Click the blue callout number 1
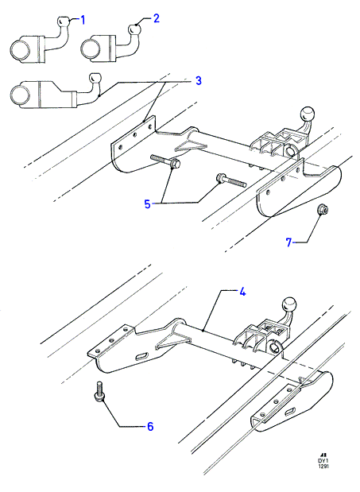(x=83, y=21)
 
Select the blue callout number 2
(x=157, y=18)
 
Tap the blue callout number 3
(x=198, y=80)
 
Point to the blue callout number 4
(x=242, y=292)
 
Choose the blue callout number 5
(x=147, y=204)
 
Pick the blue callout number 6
(x=150, y=426)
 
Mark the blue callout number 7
(x=288, y=242)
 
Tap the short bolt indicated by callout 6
(x=99, y=391)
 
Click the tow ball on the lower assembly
(x=289, y=304)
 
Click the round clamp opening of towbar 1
(x=21, y=50)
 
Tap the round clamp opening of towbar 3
(x=21, y=95)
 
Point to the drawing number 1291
(x=323, y=467)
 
